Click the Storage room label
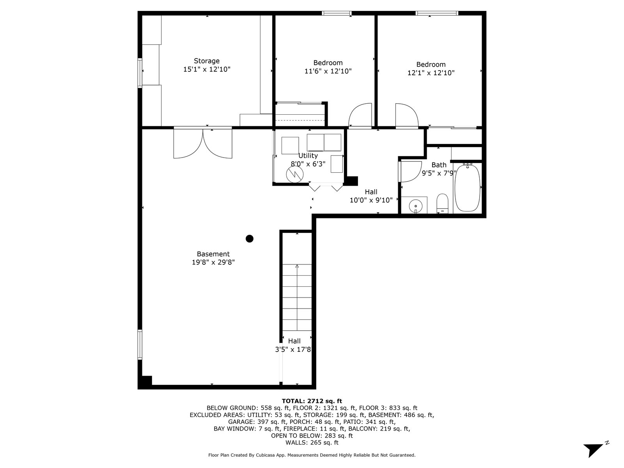[x=207, y=61]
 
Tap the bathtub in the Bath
[x=467, y=188]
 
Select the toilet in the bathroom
[x=442, y=204]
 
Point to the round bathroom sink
[x=416, y=205]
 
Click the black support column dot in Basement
[x=249, y=239]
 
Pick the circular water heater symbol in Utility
[x=294, y=174]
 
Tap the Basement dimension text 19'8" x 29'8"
[x=213, y=262]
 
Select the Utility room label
[x=308, y=156]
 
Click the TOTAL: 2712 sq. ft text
[x=312, y=401]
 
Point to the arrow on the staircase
[x=297, y=297]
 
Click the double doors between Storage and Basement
[x=203, y=143]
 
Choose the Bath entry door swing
[x=411, y=172]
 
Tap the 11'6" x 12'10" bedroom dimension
[x=328, y=71]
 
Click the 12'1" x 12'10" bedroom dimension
[x=431, y=73]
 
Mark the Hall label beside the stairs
[x=294, y=341]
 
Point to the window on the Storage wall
[x=140, y=73]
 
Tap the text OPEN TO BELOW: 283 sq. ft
[x=312, y=436]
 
